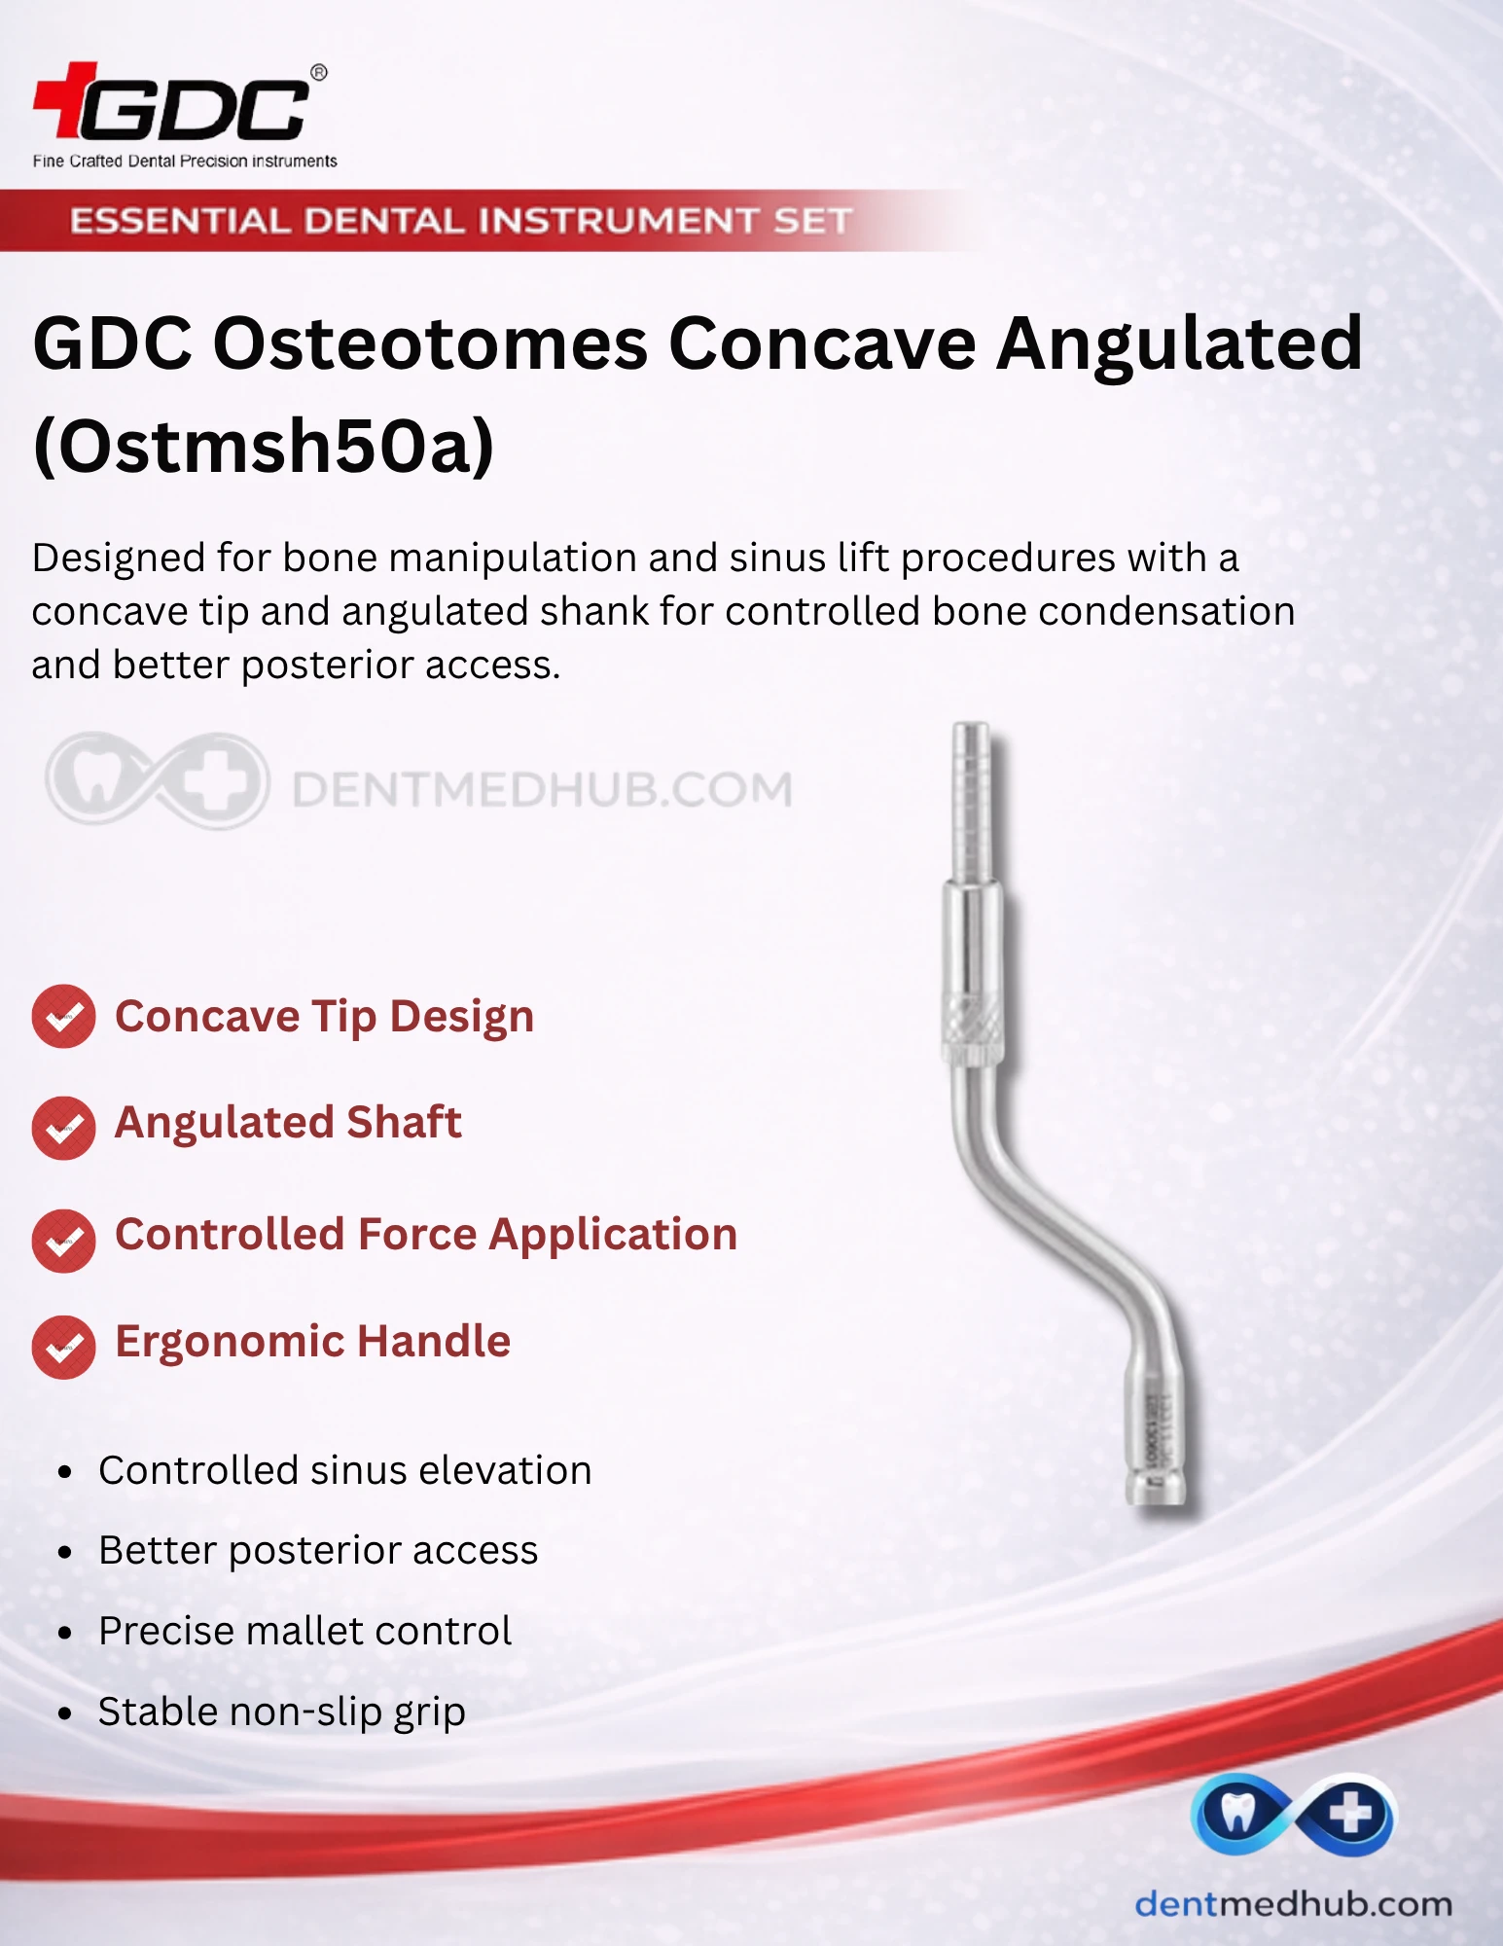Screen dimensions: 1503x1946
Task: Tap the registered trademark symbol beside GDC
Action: (x=318, y=72)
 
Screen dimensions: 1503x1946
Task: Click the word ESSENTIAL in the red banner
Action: (x=180, y=221)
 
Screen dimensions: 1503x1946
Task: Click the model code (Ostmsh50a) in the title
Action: (x=264, y=446)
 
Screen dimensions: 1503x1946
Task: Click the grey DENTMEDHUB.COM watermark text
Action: (x=542, y=789)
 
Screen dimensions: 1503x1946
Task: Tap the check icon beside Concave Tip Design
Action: (x=63, y=1017)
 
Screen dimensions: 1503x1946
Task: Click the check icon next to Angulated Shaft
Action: (x=63, y=1128)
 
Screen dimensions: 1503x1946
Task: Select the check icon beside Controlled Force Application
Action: (x=63, y=1241)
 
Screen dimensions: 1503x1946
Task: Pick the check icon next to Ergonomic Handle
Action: (x=63, y=1347)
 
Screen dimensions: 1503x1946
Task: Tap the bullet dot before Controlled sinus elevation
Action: (x=65, y=1472)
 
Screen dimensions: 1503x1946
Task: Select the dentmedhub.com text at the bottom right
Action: (x=1293, y=1903)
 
